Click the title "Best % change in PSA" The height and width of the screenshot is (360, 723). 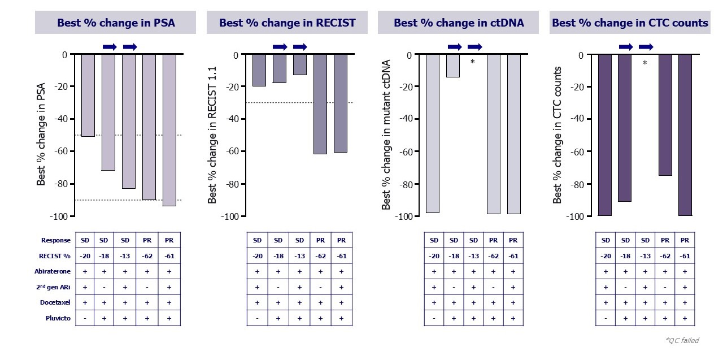click(115, 23)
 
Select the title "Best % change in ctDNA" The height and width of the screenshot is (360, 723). click(459, 23)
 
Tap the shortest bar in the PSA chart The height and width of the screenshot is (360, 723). click(88, 95)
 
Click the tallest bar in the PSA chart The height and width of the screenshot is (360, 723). click(169, 130)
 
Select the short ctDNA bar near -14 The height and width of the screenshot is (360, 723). click(453, 66)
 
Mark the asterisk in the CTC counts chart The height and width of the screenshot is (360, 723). click(644, 64)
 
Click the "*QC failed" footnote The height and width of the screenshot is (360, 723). click(682, 340)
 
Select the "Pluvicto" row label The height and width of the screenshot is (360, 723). click(59, 318)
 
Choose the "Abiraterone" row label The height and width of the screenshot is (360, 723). click(53, 271)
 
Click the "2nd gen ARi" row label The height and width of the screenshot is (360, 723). click(53, 287)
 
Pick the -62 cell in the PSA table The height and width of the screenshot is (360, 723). click(147, 255)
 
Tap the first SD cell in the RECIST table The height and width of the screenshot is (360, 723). click(258, 240)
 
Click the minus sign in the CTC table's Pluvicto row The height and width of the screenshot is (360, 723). click(606, 318)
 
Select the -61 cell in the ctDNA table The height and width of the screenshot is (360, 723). click(513, 255)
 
